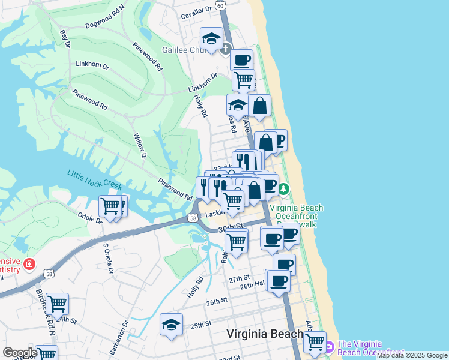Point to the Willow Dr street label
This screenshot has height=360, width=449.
[140, 147]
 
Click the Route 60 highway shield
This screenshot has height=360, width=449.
[220, 5]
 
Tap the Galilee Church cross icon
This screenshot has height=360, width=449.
[225, 49]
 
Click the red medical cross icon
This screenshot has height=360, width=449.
[28, 263]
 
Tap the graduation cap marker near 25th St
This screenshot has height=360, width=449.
[171, 324]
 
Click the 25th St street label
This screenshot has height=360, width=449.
[201, 325]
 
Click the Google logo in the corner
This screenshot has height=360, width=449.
[20, 352]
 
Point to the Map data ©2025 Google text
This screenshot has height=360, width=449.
[412, 356]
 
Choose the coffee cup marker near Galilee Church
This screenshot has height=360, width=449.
[241, 60]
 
